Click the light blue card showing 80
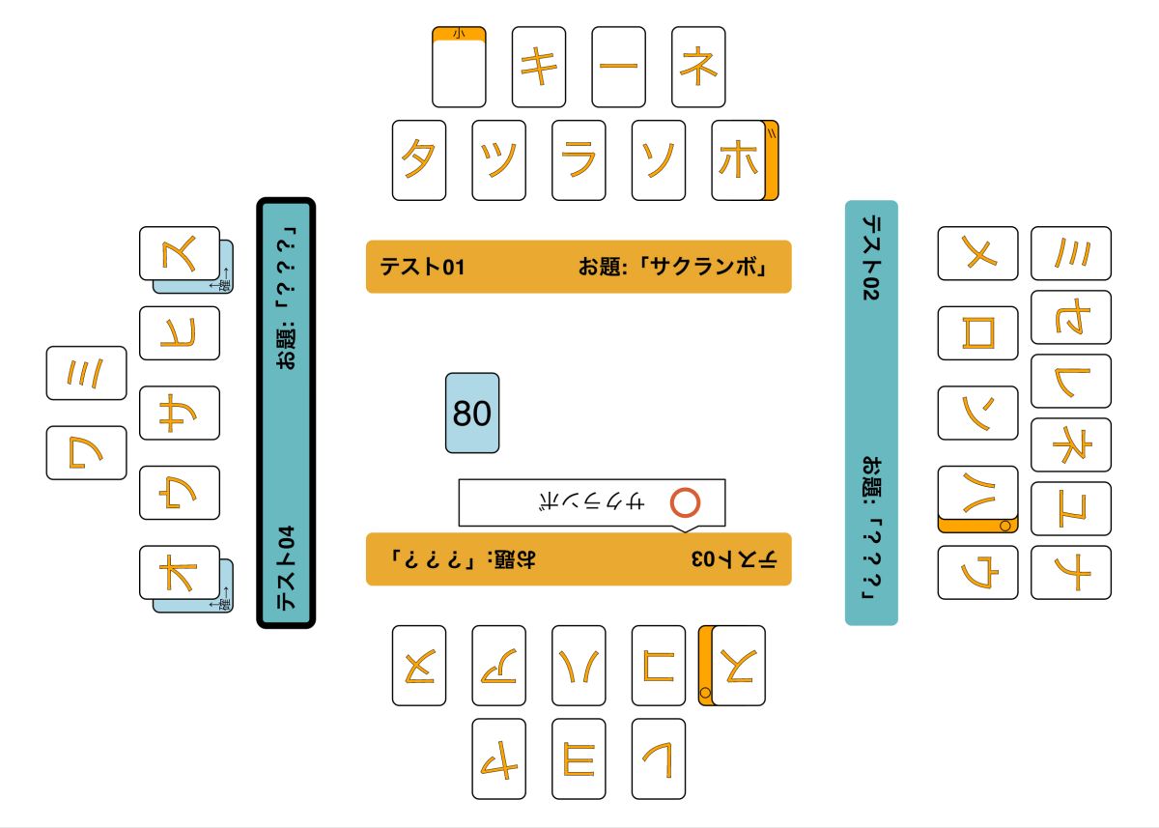pyautogui.click(x=472, y=414)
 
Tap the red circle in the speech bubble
pyautogui.click(x=685, y=502)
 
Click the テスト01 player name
pyautogui.click(x=422, y=267)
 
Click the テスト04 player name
pyautogui.click(x=287, y=568)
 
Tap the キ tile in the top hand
pyautogui.click(x=538, y=67)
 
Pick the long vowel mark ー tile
pyautogui.click(x=618, y=67)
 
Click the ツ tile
pyautogui.click(x=498, y=160)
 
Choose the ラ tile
pyautogui.click(x=579, y=160)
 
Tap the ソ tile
pyautogui.click(x=658, y=160)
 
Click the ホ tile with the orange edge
pyautogui.click(x=739, y=160)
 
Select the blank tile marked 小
pyautogui.click(x=459, y=70)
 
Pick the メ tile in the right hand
pyautogui.click(x=977, y=253)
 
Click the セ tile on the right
pyautogui.click(x=1071, y=317)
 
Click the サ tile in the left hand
pyautogui.click(x=180, y=413)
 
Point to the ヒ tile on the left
pyautogui.click(x=180, y=333)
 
